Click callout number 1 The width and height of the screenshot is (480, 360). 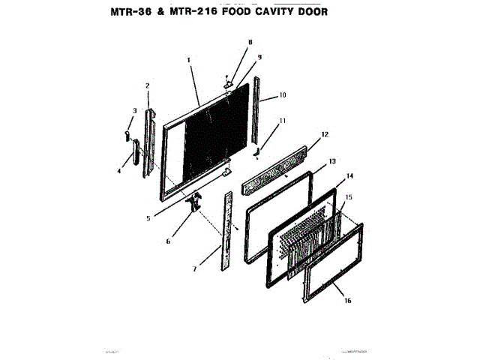(x=189, y=59)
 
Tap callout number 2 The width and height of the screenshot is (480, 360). (x=147, y=85)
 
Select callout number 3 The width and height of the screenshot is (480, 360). (x=134, y=111)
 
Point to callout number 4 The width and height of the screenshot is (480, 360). (x=118, y=171)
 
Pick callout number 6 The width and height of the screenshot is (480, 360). (x=168, y=241)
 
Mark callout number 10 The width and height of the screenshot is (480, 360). (x=283, y=95)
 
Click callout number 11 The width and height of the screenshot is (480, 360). (x=282, y=120)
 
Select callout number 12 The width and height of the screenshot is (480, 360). (x=325, y=135)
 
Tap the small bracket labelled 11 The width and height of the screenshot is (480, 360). (x=256, y=152)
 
